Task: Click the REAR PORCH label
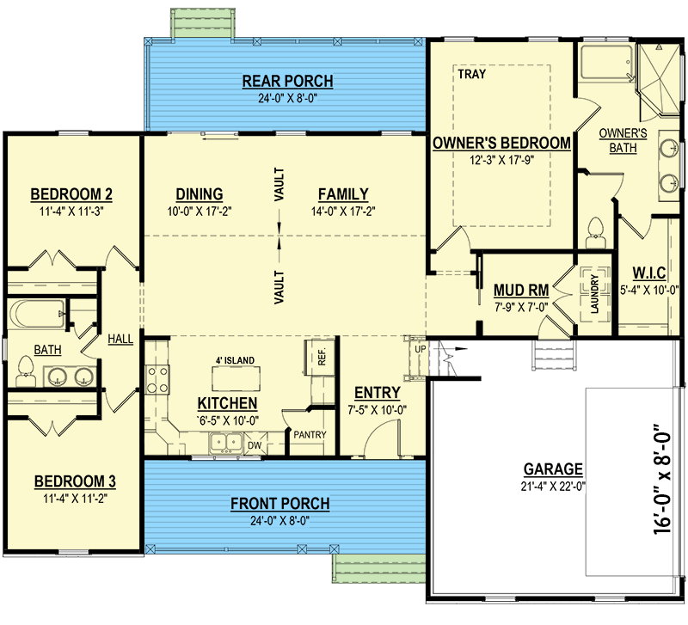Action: point(288,82)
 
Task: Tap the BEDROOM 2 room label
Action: point(71,193)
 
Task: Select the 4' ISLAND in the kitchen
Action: point(236,378)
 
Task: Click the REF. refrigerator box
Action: point(321,357)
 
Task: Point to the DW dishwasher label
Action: point(255,445)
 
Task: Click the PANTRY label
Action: point(310,435)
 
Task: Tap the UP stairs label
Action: point(420,349)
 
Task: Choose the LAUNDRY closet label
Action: point(595,294)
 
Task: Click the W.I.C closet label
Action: point(649,273)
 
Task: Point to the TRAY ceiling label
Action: point(471,74)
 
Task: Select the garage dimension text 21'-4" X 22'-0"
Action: point(553,487)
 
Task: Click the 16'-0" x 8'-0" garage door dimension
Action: point(662,479)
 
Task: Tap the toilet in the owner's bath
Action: point(595,233)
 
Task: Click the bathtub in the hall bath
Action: point(36,314)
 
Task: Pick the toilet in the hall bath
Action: point(26,371)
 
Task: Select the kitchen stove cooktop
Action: point(157,380)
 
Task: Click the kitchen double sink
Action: point(226,443)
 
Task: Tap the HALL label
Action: point(120,339)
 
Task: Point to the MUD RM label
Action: point(521,291)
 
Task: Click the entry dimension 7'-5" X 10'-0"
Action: point(378,411)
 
